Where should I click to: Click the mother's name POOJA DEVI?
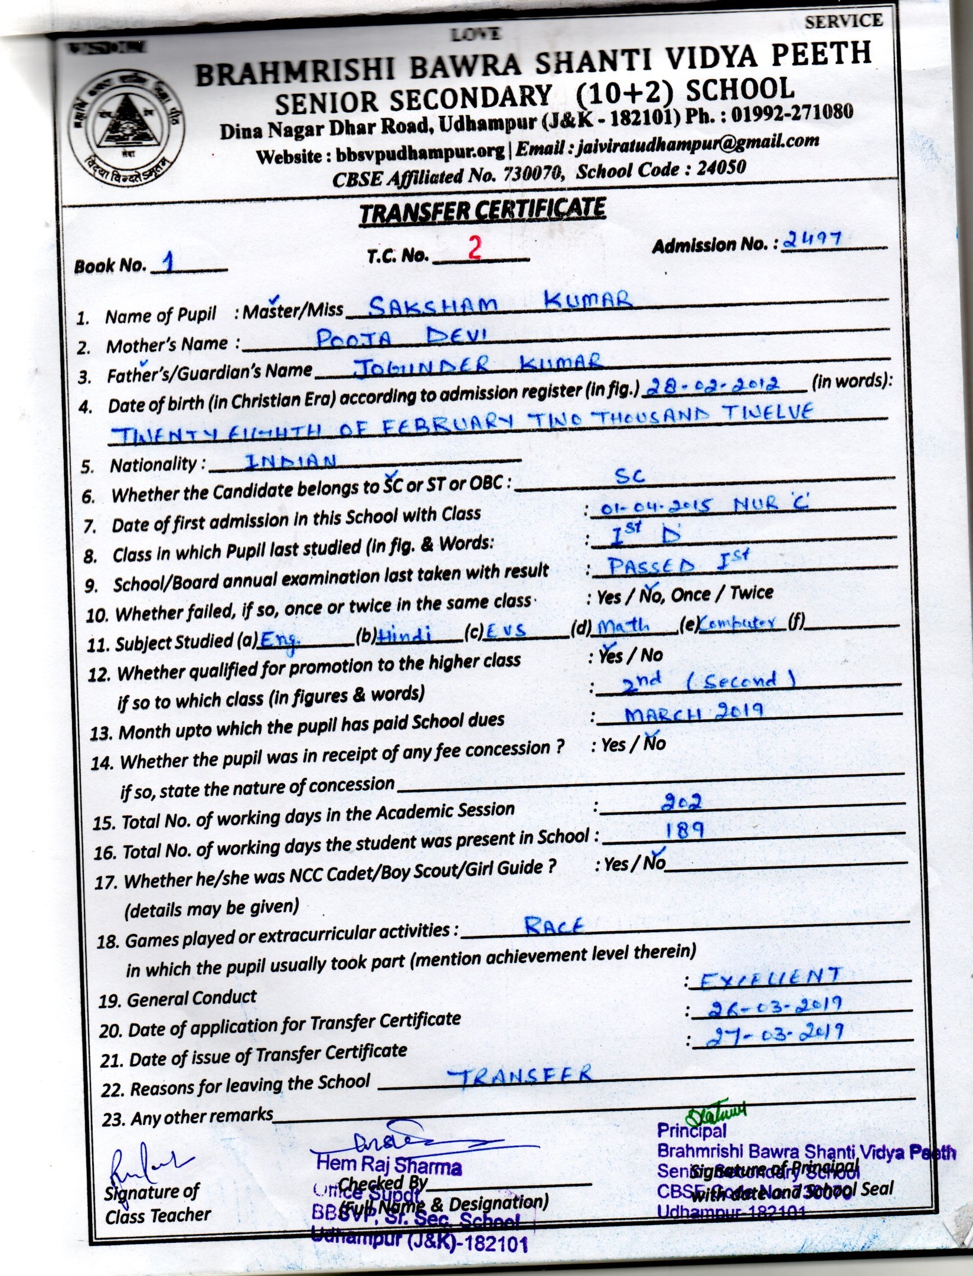(x=401, y=338)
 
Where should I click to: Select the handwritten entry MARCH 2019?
(x=694, y=712)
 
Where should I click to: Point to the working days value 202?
(x=681, y=801)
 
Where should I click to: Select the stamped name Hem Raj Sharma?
(x=389, y=1166)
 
